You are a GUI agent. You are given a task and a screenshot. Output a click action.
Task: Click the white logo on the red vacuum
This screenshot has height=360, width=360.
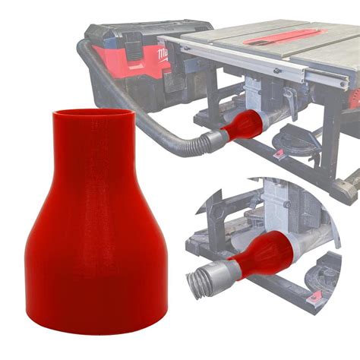[x=162, y=55]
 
